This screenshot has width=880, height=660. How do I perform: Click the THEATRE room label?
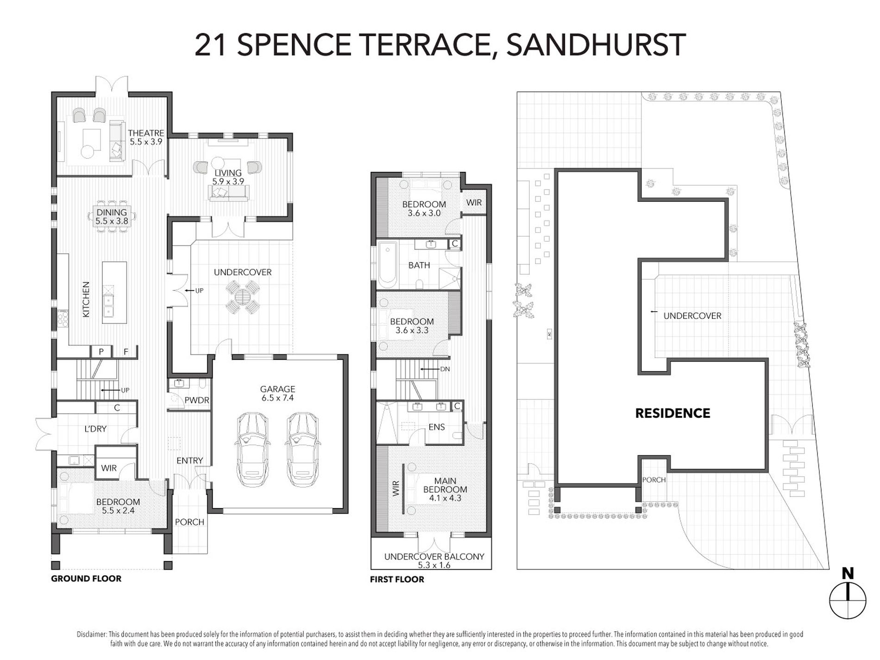click(x=146, y=133)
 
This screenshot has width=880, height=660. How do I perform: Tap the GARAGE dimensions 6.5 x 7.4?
click(x=277, y=398)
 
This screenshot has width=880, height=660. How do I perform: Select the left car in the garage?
click(x=252, y=449)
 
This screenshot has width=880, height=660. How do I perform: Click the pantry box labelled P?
click(x=101, y=352)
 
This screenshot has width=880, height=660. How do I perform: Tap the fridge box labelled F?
click(x=126, y=352)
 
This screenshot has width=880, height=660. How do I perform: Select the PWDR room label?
click(x=196, y=400)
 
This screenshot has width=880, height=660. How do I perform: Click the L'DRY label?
click(x=95, y=429)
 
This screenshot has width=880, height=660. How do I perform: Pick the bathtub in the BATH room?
click(x=387, y=265)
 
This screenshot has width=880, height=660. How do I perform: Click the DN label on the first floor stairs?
click(x=445, y=369)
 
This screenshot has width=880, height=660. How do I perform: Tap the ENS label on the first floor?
click(x=436, y=427)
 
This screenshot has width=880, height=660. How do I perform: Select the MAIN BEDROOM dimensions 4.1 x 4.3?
click(x=445, y=498)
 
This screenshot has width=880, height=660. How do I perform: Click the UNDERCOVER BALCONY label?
click(x=434, y=557)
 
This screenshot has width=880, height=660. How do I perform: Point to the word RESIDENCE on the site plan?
click(x=673, y=413)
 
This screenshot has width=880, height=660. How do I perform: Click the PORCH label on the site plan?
click(x=654, y=480)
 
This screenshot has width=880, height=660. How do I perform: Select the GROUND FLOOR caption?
click(x=86, y=578)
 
